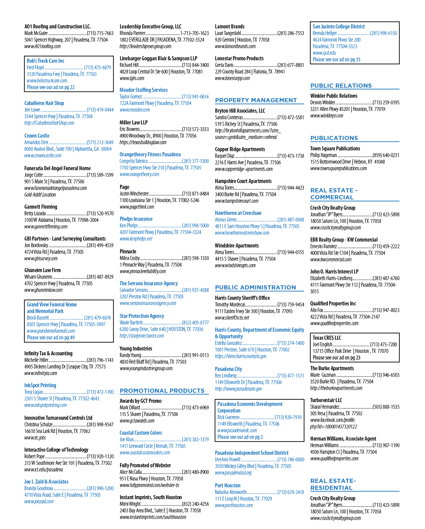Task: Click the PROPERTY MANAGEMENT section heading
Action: pyautogui.click(x=256, y=100)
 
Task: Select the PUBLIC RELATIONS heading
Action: pyautogui.click(x=341, y=86)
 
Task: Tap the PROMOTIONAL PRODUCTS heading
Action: pyautogui.click(x=162, y=391)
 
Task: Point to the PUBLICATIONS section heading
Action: pyautogui.click(x=334, y=138)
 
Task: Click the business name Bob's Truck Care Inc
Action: pyautogui.click(x=45, y=61)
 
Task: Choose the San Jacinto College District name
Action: pyautogui.click(x=339, y=27)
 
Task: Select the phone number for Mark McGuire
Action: pyautogui.click(x=100, y=33)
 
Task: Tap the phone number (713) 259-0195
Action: pyautogui.click(x=386, y=103)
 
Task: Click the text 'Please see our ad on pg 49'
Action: pyautogui.click(x=51, y=338)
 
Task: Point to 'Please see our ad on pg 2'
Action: pyautogui.click(x=240, y=437)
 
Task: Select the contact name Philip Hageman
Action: pyautogui.click(x=323, y=155)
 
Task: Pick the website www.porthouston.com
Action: pyautogui.click(x=234, y=505)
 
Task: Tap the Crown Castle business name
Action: pyautogui.click(x=37, y=136)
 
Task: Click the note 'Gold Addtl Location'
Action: pyautogui.click(x=40, y=195)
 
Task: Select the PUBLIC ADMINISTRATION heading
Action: pyautogui.click(x=255, y=288)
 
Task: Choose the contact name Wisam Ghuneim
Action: pyautogui.click(x=38, y=277)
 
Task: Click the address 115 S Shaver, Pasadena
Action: pyautogui.click(x=149, y=414)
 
